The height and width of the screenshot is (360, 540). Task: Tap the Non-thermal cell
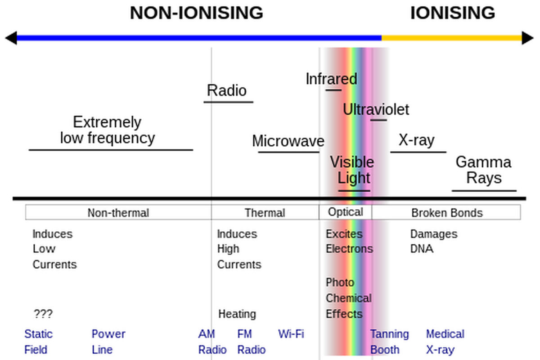(x=118, y=213)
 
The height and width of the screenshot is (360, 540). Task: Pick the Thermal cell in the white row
(x=265, y=213)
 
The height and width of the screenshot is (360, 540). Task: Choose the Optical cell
(x=345, y=212)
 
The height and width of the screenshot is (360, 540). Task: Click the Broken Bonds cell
(x=447, y=213)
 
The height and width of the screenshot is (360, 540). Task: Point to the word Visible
(x=352, y=162)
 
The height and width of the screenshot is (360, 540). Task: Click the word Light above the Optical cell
(x=354, y=178)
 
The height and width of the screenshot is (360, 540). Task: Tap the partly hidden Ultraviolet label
(x=364, y=110)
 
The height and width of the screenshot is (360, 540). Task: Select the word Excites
(x=344, y=234)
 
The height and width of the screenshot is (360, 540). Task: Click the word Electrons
(x=350, y=249)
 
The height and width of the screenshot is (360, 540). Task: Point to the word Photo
(x=340, y=283)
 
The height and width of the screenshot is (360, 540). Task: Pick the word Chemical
(x=349, y=298)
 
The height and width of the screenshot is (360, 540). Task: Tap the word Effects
(x=344, y=314)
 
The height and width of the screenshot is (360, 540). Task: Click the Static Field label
(x=38, y=342)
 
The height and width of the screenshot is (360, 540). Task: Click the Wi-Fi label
(x=291, y=334)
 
